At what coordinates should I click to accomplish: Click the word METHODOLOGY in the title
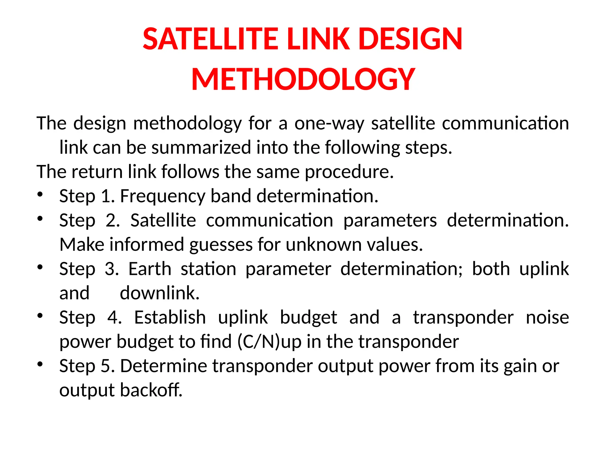(303, 79)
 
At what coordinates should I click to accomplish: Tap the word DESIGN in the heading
(410, 39)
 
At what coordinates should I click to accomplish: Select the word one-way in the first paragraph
(329, 123)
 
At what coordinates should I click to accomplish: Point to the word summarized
(201, 148)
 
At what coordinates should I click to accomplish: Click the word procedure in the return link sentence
(349, 172)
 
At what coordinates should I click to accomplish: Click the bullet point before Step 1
(40, 195)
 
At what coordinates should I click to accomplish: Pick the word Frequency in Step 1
(162, 196)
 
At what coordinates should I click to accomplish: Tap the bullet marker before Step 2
(40, 219)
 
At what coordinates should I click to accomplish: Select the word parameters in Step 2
(390, 221)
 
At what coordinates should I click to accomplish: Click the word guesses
(221, 245)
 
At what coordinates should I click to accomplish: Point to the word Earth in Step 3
(150, 269)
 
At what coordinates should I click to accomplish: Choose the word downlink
(160, 293)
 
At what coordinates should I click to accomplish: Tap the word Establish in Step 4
(170, 318)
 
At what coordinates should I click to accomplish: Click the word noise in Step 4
(547, 318)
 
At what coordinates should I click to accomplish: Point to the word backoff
(151, 390)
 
